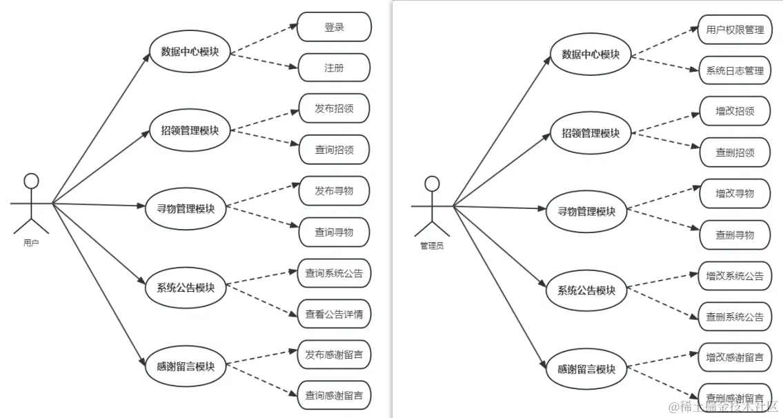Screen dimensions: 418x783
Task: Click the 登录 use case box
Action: click(334, 27)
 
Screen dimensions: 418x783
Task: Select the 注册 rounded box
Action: click(334, 68)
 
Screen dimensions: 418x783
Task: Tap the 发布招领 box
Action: click(334, 108)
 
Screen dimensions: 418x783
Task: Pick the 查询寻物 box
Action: click(334, 232)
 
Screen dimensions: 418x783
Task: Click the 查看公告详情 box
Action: click(334, 314)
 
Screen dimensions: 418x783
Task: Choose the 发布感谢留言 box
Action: click(334, 355)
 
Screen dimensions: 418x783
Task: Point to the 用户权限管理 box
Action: click(734, 30)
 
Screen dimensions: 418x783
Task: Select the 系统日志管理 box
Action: click(734, 70)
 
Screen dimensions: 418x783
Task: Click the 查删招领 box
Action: click(734, 152)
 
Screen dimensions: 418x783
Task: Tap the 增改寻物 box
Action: click(734, 193)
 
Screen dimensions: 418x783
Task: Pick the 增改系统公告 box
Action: click(734, 276)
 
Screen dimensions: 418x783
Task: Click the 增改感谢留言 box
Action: click(734, 357)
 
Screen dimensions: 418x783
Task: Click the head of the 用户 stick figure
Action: click(31, 181)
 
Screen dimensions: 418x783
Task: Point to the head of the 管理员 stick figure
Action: click(432, 183)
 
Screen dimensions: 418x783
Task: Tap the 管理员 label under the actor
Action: click(432, 245)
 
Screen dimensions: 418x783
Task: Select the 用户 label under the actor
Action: click(31, 243)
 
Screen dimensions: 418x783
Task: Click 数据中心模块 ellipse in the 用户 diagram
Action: click(190, 51)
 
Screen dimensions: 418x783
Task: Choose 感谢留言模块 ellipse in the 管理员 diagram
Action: click(586, 368)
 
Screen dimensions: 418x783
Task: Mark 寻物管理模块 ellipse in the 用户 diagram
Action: click(186, 208)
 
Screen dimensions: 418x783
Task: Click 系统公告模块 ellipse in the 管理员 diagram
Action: click(586, 290)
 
